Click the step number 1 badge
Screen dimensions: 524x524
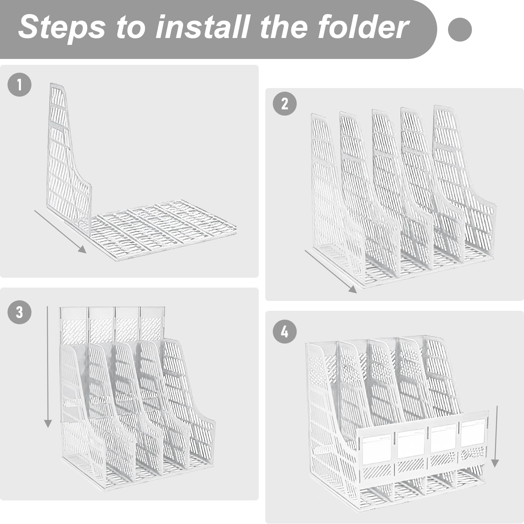pos(20,84)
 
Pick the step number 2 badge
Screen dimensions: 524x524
pos(285,104)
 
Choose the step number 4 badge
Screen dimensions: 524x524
pos(285,332)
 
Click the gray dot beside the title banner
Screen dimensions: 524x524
pos(460,29)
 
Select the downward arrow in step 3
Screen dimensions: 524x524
pos(48,367)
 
